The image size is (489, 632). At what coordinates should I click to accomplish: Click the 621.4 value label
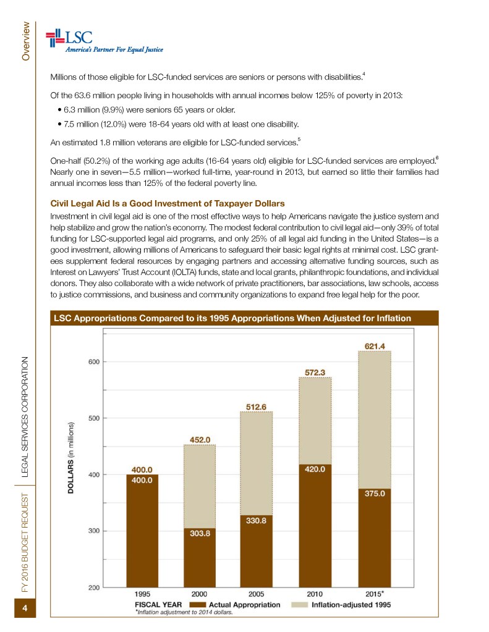pyautogui.click(x=375, y=346)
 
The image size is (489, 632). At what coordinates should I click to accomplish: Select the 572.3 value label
pyautogui.click(x=315, y=373)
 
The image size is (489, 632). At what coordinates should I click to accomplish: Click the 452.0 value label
pyautogui.click(x=198, y=440)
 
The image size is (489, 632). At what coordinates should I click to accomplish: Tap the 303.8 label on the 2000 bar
pyautogui.click(x=198, y=533)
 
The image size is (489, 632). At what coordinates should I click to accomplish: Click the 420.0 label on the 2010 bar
pyautogui.click(x=315, y=469)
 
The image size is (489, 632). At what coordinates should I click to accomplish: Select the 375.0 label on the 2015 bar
pyautogui.click(x=375, y=494)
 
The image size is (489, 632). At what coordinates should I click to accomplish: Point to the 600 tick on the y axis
pyautogui.click(x=93, y=361)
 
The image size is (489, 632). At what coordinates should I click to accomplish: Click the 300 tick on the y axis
pyautogui.click(x=93, y=531)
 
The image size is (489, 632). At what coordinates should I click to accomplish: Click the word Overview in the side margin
pyautogui.click(x=26, y=41)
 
